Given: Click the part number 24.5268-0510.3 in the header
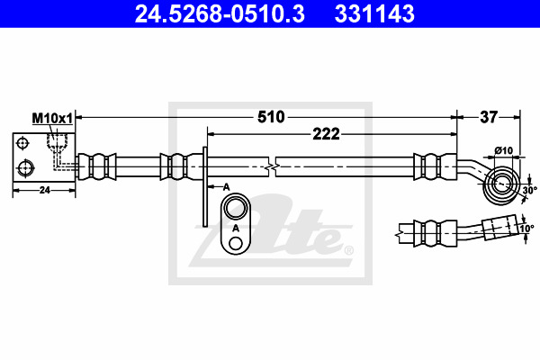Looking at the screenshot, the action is [x=220, y=13].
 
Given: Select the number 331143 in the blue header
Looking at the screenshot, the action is [x=374, y=13].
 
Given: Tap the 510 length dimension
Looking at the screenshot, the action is [x=271, y=117].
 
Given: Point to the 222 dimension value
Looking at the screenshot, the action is [x=326, y=134].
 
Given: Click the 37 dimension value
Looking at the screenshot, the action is [x=489, y=117].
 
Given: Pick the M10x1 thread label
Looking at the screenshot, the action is [x=52, y=119].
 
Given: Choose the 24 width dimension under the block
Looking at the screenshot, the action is [x=45, y=190].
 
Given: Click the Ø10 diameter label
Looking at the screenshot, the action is [x=504, y=150].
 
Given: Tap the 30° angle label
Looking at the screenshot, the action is [x=530, y=190].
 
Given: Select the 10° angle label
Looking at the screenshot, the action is [x=526, y=228].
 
